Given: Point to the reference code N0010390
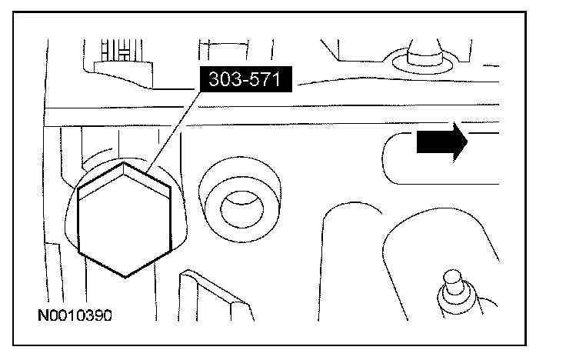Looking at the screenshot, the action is (78, 315).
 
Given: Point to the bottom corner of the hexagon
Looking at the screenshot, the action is (125, 275).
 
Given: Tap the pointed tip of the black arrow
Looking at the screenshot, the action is (467, 143).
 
